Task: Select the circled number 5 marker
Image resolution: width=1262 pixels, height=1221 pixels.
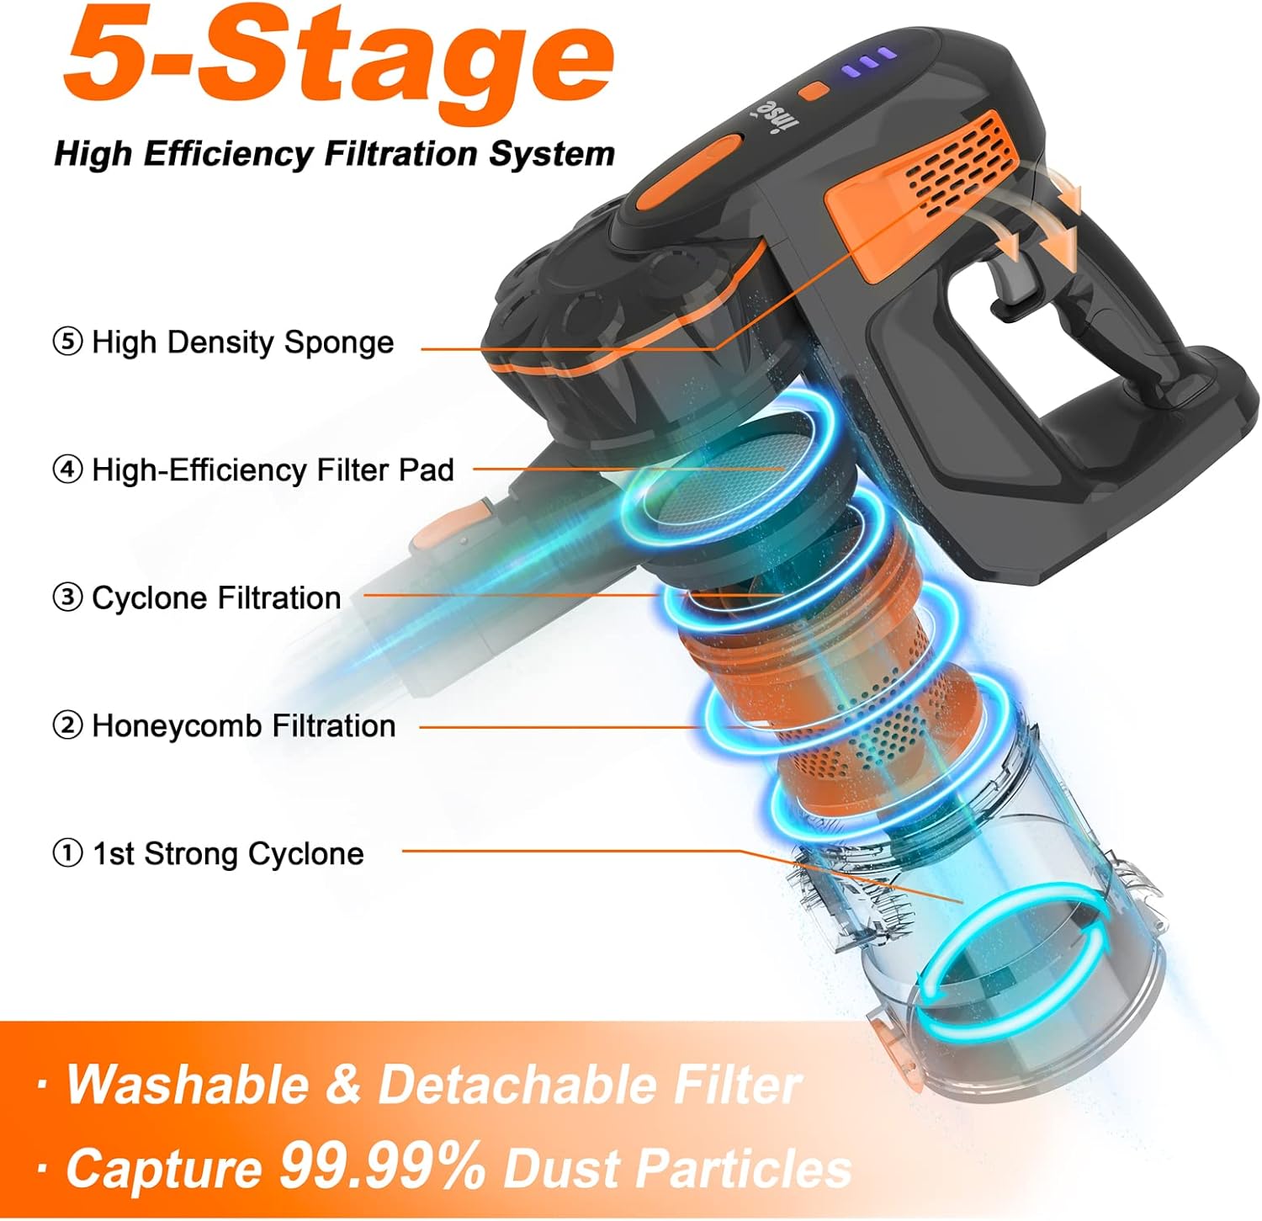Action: coord(67,342)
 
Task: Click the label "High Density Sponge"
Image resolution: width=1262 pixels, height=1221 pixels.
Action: coord(242,342)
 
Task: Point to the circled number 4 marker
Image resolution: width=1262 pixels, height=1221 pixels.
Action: coord(67,470)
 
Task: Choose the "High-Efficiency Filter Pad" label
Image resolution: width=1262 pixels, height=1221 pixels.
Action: coord(273,470)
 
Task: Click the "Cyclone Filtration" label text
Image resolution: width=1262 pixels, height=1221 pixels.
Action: coord(215,598)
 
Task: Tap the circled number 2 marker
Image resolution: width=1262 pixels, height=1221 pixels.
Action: coord(67,725)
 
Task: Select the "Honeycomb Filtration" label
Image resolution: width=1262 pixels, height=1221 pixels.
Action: coord(243,725)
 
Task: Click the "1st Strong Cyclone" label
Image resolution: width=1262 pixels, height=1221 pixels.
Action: coord(228,854)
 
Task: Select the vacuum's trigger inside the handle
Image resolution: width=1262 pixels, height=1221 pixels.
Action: coord(1010,286)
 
